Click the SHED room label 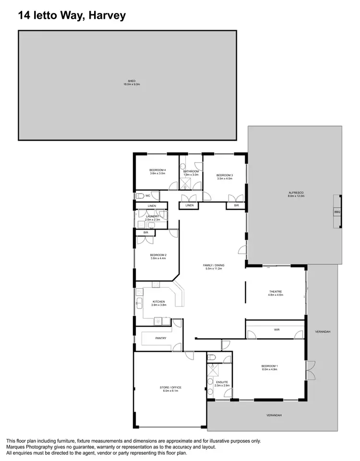(x=131, y=81)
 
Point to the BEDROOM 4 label (x=157, y=170)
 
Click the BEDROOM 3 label (x=224, y=175)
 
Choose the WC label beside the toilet (x=148, y=196)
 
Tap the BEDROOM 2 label (x=158, y=255)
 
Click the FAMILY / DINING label (x=215, y=265)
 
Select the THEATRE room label (x=275, y=291)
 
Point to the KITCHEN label (x=158, y=302)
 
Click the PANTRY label (x=161, y=339)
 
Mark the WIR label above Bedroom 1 (x=276, y=330)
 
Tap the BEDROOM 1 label (x=269, y=366)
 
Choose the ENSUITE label (x=222, y=382)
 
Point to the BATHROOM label (x=191, y=171)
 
